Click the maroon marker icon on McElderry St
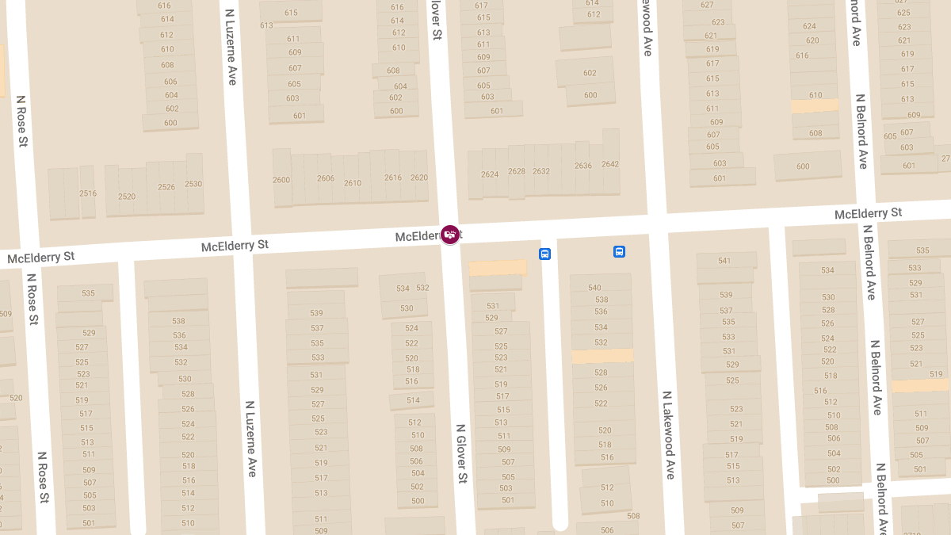pos(450,235)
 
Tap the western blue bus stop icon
pos(544,254)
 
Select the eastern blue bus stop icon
pos(619,251)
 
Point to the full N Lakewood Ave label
pos(668,434)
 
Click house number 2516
pos(88,193)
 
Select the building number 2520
pos(127,197)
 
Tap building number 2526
pos(166,187)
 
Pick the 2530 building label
pos(193,184)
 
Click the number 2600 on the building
pos(281,180)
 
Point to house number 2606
pos(326,178)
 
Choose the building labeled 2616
pos(393,178)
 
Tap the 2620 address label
pos(419,178)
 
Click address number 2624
pos(490,174)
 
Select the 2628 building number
pos(517,171)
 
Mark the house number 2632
pos(541,171)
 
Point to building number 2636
pos(583,166)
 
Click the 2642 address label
pos(610,164)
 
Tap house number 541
pos(724,261)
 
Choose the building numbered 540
pos(595,288)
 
